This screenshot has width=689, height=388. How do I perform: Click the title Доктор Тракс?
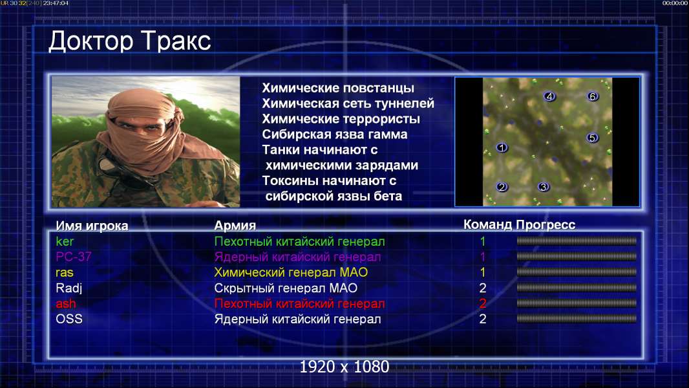click(x=130, y=41)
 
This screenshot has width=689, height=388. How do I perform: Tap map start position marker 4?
click(x=549, y=96)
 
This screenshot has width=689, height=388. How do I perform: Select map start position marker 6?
click(x=592, y=96)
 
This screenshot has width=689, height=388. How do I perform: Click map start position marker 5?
click(x=592, y=138)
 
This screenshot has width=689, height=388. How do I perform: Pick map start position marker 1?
click(x=502, y=147)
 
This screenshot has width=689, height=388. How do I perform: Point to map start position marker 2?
click(x=502, y=187)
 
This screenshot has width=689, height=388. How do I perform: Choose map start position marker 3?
click(x=544, y=187)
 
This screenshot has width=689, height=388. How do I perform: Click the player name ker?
click(x=65, y=241)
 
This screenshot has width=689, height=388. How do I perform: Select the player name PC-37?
click(x=74, y=257)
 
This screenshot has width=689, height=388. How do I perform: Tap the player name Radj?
click(x=69, y=288)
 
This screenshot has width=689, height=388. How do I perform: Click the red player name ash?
click(x=65, y=303)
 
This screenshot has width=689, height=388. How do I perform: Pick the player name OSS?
click(x=69, y=319)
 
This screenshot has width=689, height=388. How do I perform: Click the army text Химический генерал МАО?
click(x=291, y=272)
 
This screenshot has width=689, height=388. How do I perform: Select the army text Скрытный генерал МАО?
click(x=286, y=288)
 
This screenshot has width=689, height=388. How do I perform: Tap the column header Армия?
click(x=235, y=226)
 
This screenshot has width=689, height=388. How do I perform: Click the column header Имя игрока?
click(x=92, y=226)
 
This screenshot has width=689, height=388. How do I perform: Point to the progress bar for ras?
click(x=577, y=272)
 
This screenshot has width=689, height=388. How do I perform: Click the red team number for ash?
click(x=482, y=303)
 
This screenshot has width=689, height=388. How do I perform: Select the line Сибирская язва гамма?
click(x=335, y=135)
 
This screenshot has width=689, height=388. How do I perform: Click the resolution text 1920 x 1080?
click(x=344, y=367)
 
